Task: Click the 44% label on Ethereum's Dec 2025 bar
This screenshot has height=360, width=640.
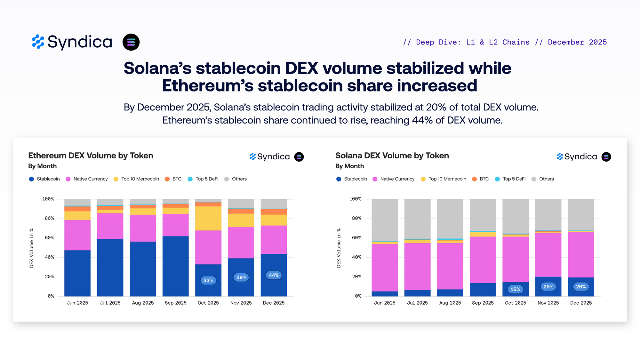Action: coord(274,275)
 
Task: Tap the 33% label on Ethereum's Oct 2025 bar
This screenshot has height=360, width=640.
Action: coord(208,281)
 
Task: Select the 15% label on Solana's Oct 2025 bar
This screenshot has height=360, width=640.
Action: coord(515,289)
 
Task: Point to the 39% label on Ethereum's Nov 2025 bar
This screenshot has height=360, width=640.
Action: coord(241,277)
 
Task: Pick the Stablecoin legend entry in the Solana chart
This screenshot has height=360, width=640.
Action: coord(352,179)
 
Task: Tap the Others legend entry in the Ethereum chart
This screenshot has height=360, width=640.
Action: coord(236,179)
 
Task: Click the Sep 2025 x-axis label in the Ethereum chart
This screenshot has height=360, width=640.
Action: coord(175,303)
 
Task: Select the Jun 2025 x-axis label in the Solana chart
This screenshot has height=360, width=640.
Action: coord(385,303)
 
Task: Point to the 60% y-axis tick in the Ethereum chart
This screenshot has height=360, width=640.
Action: coord(49,238)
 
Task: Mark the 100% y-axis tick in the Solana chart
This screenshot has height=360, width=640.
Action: coord(355,199)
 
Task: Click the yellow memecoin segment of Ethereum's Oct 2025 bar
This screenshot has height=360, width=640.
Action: coord(208,218)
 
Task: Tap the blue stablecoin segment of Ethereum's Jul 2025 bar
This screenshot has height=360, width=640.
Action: coord(110,267)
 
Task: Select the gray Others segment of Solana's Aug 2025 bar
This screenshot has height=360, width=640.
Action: coord(450,219)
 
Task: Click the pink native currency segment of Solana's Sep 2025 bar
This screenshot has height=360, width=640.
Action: coord(483,260)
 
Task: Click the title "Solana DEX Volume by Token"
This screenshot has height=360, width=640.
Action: coord(392,156)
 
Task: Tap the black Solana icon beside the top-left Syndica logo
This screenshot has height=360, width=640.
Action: coord(131,42)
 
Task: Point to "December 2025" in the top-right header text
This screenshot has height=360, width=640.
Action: coord(577,42)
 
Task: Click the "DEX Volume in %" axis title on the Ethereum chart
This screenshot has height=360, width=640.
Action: coord(31,248)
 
